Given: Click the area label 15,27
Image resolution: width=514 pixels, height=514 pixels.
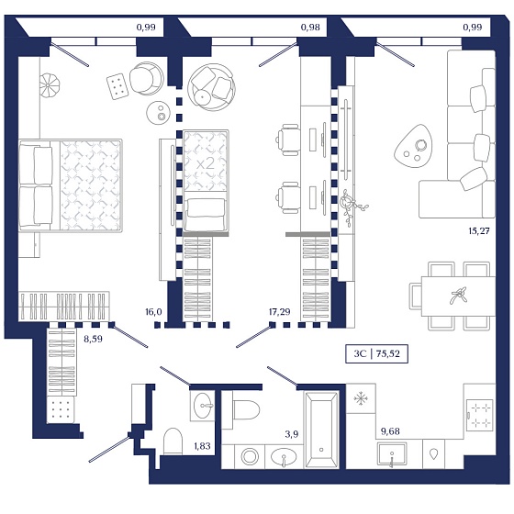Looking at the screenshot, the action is (x=479, y=230).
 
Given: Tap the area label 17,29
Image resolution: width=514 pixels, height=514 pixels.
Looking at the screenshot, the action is (x=279, y=311).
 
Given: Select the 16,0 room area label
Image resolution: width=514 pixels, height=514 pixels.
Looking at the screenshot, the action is (x=153, y=311).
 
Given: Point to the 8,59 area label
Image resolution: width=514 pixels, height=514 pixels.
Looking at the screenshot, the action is (x=93, y=339).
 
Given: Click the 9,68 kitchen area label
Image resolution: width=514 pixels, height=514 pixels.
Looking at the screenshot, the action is (x=390, y=431).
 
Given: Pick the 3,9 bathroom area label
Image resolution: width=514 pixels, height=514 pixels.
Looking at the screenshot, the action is (x=292, y=434).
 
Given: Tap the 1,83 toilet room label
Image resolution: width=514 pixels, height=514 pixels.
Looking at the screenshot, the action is (x=202, y=446).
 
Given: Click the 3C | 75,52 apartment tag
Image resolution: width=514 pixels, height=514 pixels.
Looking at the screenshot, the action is (x=376, y=353).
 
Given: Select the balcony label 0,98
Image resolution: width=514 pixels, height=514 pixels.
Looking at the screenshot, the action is (x=310, y=27).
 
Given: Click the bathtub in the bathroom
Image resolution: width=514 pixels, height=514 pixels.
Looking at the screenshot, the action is (x=321, y=430).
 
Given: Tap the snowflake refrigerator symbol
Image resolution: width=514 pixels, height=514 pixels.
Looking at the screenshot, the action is (x=361, y=398).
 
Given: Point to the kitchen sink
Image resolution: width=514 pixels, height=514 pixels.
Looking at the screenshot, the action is (x=392, y=453).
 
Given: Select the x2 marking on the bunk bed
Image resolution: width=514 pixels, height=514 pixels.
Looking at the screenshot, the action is (x=206, y=164).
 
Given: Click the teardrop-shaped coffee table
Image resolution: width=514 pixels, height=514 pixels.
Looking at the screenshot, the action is (x=413, y=146).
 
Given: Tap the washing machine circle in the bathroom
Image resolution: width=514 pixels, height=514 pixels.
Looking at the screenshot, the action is (x=250, y=456).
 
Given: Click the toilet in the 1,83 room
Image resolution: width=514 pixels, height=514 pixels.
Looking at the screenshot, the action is (x=173, y=441).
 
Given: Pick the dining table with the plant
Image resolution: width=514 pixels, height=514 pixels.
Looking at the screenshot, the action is (x=458, y=296).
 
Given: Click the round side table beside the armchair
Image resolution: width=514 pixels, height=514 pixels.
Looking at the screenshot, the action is (x=158, y=112).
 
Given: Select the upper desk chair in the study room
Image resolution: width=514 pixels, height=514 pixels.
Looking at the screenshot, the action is (x=287, y=140).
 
